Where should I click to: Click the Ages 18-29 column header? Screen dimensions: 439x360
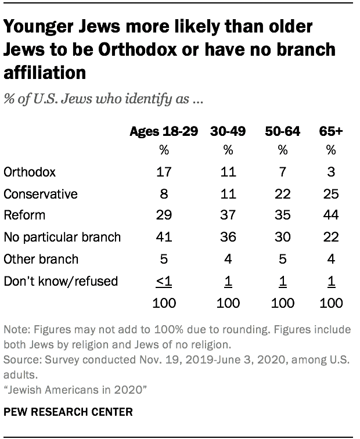pyautogui.click(x=164, y=132)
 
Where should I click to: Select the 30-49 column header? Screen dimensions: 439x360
pyautogui.click(x=228, y=132)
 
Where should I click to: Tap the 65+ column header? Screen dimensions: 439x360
pyautogui.click(x=331, y=132)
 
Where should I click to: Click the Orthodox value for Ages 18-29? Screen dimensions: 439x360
pyautogui.click(x=164, y=172)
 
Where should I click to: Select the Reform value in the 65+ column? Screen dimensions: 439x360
pyautogui.click(x=331, y=215)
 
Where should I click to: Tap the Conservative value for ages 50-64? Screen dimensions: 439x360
pyautogui.click(x=283, y=193)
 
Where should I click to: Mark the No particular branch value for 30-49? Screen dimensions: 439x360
pyautogui.click(x=228, y=237)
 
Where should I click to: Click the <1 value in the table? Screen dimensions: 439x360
pyautogui.click(x=164, y=281)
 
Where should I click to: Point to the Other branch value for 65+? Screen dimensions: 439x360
pyautogui.click(x=331, y=259)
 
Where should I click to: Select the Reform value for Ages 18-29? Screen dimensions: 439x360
pyautogui.click(x=164, y=215)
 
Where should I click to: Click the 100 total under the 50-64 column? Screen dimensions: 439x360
pyautogui.click(x=283, y=303)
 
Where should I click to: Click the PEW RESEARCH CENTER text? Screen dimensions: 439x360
pyautogui.click(x=68, y=412)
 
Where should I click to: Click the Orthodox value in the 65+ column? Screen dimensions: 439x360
pyautogui.click(x=331, y=172)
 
